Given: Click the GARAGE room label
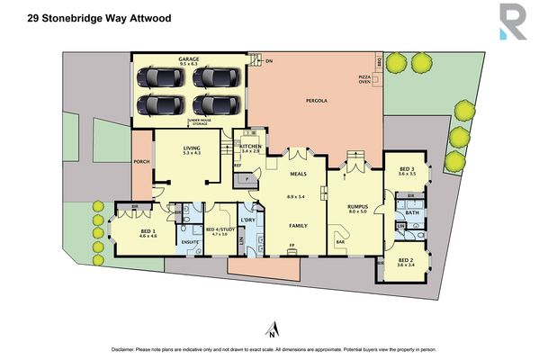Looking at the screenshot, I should (x=189, y=59).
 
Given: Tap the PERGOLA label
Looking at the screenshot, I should (x=315, y=100).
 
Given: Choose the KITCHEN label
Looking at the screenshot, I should (x=250, y=146).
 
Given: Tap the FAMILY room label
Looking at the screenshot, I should (x=299, y=225).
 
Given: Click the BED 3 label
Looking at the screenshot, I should (x=406, y=169).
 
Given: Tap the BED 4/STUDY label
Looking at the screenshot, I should (x=220, y=229).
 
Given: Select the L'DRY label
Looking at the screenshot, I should (x=248, y=220).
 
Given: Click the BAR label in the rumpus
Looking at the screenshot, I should (x=341, y=242).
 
